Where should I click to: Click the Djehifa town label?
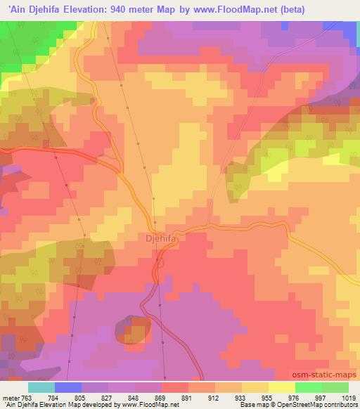coord(162,238)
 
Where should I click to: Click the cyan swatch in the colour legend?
coord(41,387)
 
